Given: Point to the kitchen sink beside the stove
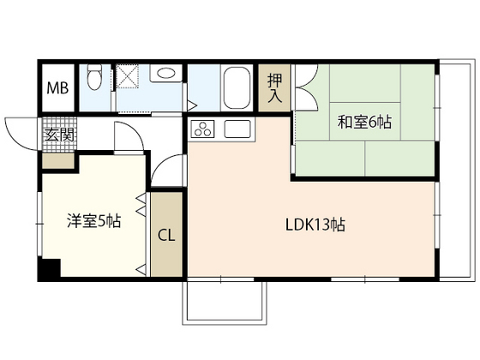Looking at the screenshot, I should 238,130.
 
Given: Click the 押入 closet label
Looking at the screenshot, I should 274,88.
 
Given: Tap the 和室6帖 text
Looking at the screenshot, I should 363,122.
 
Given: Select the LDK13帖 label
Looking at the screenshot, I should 315,225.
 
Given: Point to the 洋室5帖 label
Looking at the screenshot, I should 93,220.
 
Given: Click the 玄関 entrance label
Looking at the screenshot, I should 57,134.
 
